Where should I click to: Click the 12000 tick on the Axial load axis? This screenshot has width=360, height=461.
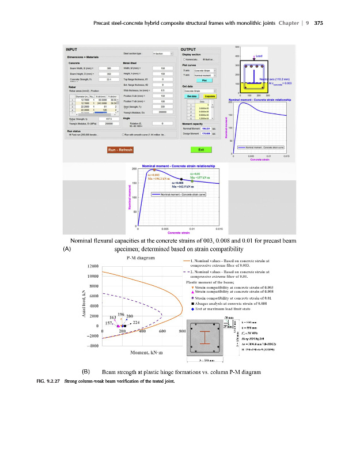[x=92, y=266]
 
